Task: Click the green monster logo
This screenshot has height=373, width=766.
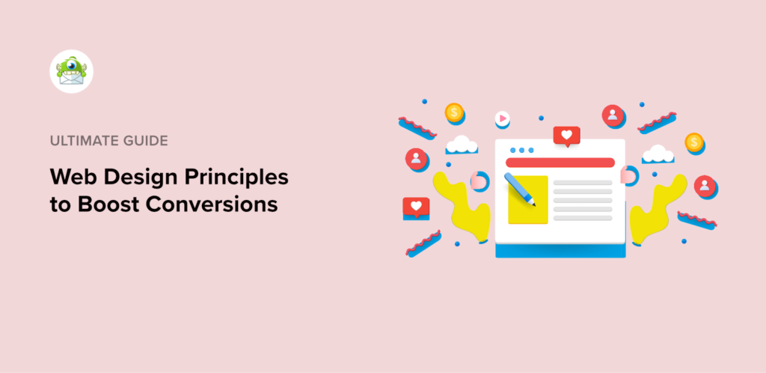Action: [x=71, y=71]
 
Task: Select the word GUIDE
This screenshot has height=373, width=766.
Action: [x=147, y=140]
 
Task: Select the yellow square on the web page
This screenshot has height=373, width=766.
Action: [x=528, y=200]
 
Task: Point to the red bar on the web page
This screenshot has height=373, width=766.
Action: [x=560, y=163]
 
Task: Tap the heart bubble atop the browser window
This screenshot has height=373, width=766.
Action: [x=566, y=136]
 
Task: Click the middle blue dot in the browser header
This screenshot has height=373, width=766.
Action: [x=521, y=150]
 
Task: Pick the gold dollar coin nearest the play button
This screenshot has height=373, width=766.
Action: [x=453, y=112]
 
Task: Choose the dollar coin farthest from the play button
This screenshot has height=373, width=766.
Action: [x=694, y=141]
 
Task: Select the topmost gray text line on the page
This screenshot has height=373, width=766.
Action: [x=582, y=181]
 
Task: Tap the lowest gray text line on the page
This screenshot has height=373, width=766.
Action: [x=582, y=218]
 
